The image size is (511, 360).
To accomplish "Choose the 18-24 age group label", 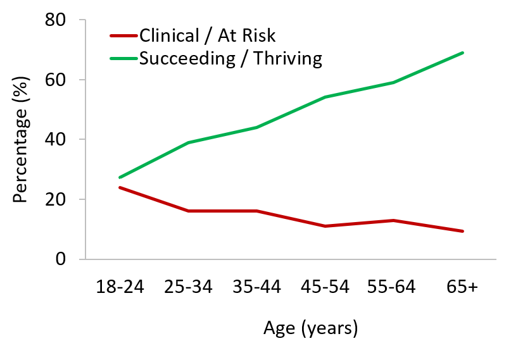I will pyautogui.click(x=120, y=287).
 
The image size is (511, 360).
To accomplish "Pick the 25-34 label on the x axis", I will pyautogui.click(x=189, y=287).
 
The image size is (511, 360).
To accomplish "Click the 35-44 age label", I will pyautogui.click(x=256, y=287).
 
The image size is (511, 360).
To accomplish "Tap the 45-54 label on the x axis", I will pyautogui.click(x=324, y=287).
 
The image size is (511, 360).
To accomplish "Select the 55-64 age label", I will pyautogui.click(x=392, y=287).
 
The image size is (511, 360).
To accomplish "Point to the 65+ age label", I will pyautogui.click(x=463, y=287).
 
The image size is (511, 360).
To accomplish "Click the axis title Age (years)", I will pyautogui.click(x=310, y=328).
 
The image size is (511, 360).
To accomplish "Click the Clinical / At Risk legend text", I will pyautogui.click(x=208, y=35).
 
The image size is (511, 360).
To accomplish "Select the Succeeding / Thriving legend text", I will pyautogui.click(x=230, y=59).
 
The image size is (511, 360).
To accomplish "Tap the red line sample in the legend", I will pyautogui.click(x=123, y=36).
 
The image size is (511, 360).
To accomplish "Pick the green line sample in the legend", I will pyautogui.click(x=123, y=59).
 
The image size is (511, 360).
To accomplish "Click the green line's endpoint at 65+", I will pyautogui.click(x=463, y=53).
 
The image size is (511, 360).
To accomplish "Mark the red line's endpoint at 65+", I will pyautogui.click(x=463, y=231).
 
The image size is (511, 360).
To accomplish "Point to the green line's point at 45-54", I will pyautogui.click(x=325, y=97).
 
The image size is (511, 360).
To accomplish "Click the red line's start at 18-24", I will pyautogui.click(x=120, y=187).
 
